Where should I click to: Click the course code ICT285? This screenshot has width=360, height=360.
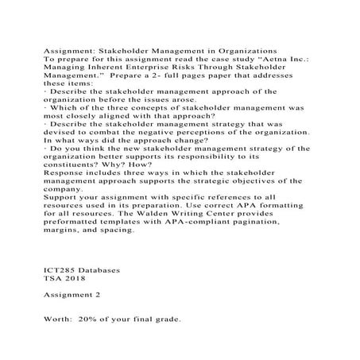[x=62, y=271]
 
